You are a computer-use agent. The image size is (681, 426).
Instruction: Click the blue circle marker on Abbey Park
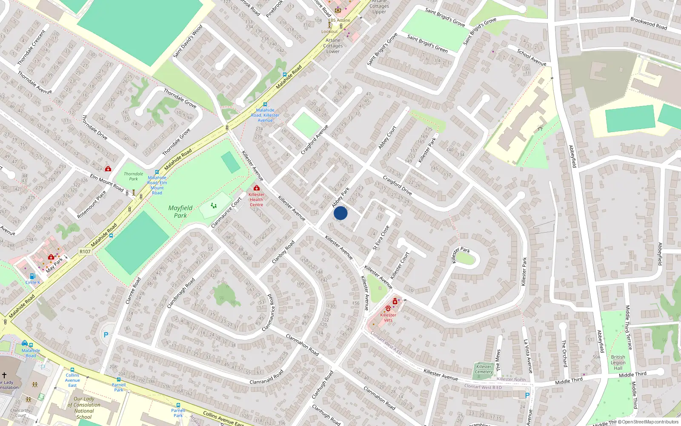[340, 213]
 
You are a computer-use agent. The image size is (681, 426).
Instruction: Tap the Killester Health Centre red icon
[256, 188]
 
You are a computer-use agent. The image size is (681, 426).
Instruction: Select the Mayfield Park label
[180, 212]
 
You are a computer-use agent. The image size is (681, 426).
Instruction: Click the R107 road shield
[85, 251]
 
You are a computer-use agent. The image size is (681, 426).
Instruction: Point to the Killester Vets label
[388, 317]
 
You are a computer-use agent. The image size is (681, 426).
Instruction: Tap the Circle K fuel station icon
[32, 276]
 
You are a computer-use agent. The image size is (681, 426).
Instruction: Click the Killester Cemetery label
[484, 369]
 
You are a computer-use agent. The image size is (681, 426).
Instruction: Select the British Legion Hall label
[618, 363]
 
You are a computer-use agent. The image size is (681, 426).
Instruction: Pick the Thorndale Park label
[134, 176]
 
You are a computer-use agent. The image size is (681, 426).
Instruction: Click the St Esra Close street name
[381, 238]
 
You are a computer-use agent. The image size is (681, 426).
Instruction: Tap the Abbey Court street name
[387, 137]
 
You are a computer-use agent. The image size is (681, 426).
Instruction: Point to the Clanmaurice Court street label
[226, 212]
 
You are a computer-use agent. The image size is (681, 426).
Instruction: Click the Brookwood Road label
[649, 23]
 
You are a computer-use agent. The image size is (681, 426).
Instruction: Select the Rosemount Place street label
[92, 205]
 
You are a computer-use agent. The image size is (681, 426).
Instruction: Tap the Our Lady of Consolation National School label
[84, 408]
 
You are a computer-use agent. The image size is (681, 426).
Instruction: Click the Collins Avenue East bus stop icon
[72, 370]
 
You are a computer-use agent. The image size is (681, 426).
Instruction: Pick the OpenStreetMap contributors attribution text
[648, 422]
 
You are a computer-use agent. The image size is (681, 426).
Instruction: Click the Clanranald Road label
[266, 377]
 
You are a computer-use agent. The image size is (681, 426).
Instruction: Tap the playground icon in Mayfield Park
[214, 206]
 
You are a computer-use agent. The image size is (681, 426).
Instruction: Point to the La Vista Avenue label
[528, 356]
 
